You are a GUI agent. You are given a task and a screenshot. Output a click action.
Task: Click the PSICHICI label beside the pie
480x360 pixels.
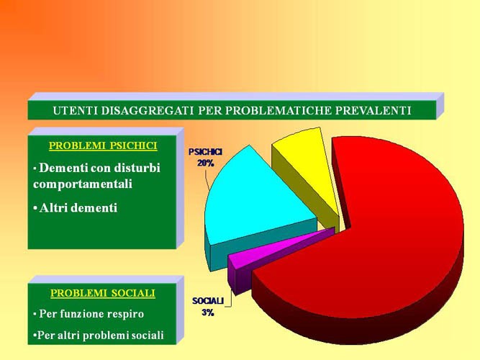pyautogui.click(x=205, y=152)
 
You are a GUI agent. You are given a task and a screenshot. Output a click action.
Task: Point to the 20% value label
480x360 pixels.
pyautogui.click(x=205, y=163)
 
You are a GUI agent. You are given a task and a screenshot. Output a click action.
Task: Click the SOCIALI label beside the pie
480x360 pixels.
pyautogui.click(x=208, y=301)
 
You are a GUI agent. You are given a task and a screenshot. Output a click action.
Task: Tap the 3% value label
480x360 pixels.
pyautogui.click(x=208, y=312)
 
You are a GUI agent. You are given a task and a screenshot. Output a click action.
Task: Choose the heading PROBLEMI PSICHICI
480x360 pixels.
pyautogui.click(x=103, y=145)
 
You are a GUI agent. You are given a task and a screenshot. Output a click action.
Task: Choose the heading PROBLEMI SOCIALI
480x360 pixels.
pyautogui.click(x=103, y=293)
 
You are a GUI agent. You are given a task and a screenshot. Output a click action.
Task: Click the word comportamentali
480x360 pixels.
pyautogui.click(x=83, y=184)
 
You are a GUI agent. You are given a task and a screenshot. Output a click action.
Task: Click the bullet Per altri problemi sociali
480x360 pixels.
pyautogui.click(x=99, y=336)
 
